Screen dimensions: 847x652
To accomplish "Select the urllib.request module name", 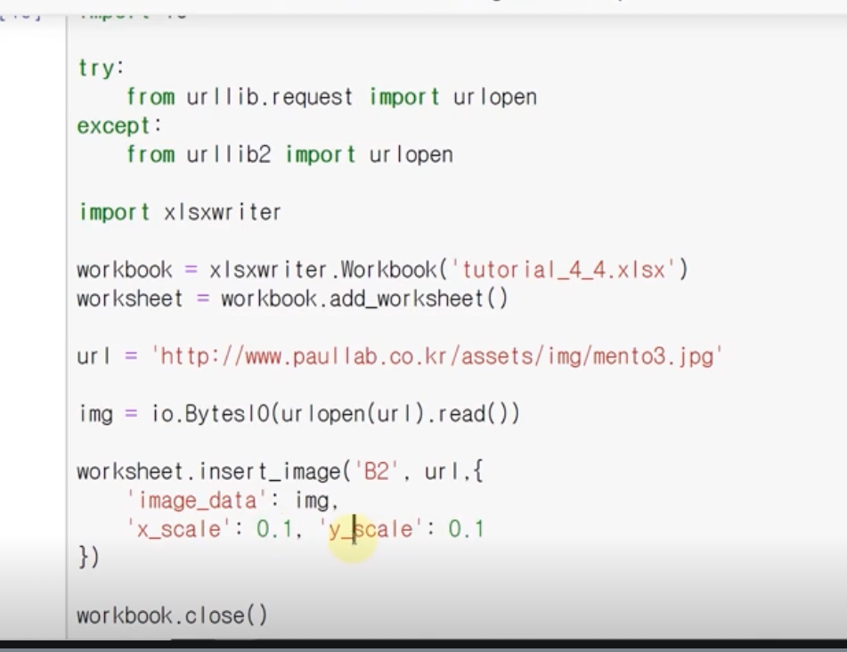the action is [x=269, y=96].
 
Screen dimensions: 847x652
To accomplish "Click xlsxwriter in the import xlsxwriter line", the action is [x=222, y=212].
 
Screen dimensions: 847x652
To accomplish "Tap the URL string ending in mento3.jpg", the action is [x=436, y=356].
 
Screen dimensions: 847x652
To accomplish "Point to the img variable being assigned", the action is [x=94, y=414].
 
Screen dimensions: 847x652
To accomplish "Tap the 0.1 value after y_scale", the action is [x=466, y=529].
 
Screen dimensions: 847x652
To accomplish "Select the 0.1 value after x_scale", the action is [x=274, y=529].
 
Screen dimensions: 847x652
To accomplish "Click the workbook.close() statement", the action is [x=172, y=615].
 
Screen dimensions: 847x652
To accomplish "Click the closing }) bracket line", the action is [x=88, y=558].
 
